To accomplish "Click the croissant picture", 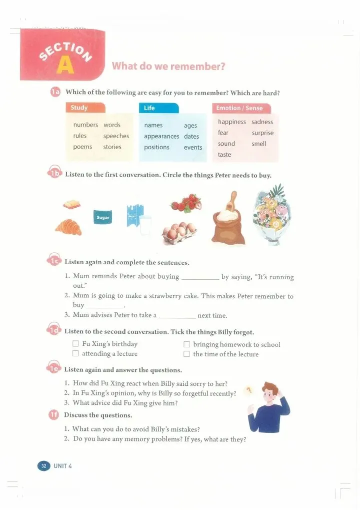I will click(68, 227).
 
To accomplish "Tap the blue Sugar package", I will click(103, 217).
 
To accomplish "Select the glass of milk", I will click(145, 225).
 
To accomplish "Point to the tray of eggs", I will click(179, 233).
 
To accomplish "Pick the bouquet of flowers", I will click(272, 213).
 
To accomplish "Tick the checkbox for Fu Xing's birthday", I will click(75, 344).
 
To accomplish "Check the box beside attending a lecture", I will click(75, 353).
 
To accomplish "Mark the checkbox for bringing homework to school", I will click(186, 344).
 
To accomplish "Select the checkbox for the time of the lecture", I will click(186, 354).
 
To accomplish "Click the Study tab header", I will click(85, 108).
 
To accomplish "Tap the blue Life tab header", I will click(158, 108).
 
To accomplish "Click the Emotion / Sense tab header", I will click(241, 108).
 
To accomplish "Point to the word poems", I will click(82, 147).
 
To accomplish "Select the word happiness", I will click(232, 122).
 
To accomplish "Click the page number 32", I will click(44, 466).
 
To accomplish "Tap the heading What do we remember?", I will click(168, 66).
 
